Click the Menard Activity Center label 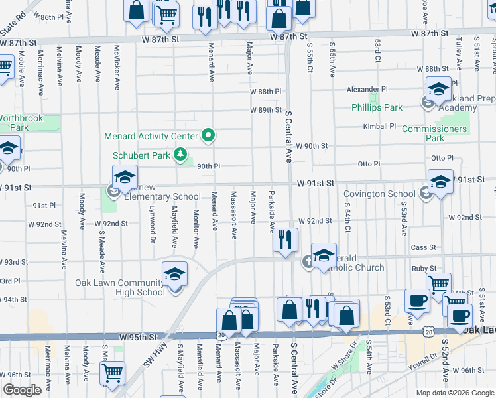pos(151,137)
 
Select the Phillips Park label pos(377,107)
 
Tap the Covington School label pos(379,194)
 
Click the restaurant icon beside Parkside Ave pos(286,240)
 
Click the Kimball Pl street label pos(379,126)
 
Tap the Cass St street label pos(422,247)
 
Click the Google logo pos(22,390)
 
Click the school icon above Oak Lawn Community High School pos(174,274)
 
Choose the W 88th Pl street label pos(265,91)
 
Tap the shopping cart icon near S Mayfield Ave pos(112,373)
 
